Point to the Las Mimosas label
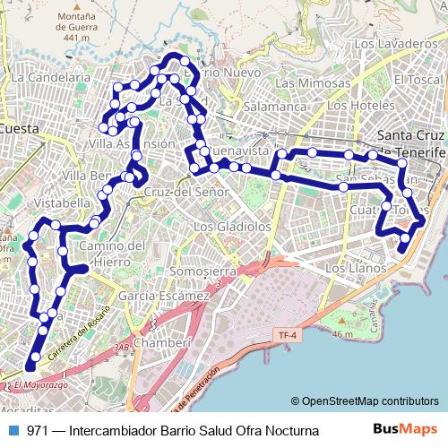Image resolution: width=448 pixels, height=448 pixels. (x=313, y=82)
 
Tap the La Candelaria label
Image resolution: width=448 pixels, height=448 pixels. (x=51, y=78)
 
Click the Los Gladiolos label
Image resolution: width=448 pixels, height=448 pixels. (x=232, y=227)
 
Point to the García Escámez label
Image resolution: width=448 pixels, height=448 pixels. (x=163, y=295)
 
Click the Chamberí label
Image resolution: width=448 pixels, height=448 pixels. (x=162, y=342)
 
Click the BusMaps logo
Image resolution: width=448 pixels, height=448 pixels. (x=405, y=430)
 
